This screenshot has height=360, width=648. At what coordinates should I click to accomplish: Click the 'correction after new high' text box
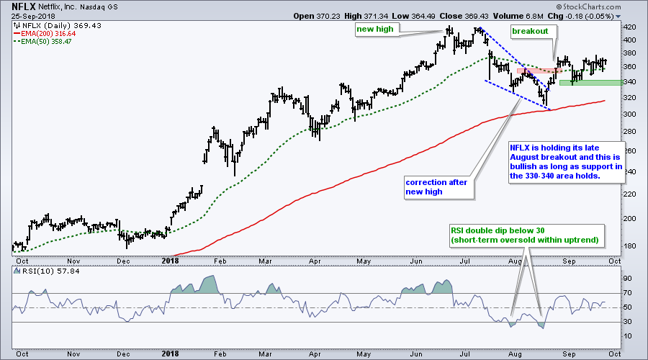438,187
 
